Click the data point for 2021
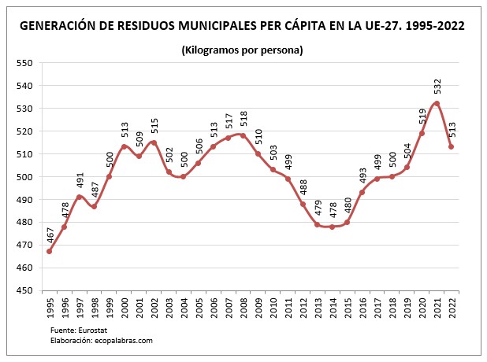point(437,103)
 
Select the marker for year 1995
point(49,251)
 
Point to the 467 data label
point(49,235)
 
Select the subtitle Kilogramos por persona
point(243,50)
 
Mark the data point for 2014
point(332,227)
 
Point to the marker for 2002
point(154,142)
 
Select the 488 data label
point(303,187)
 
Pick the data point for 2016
point(362,192)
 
